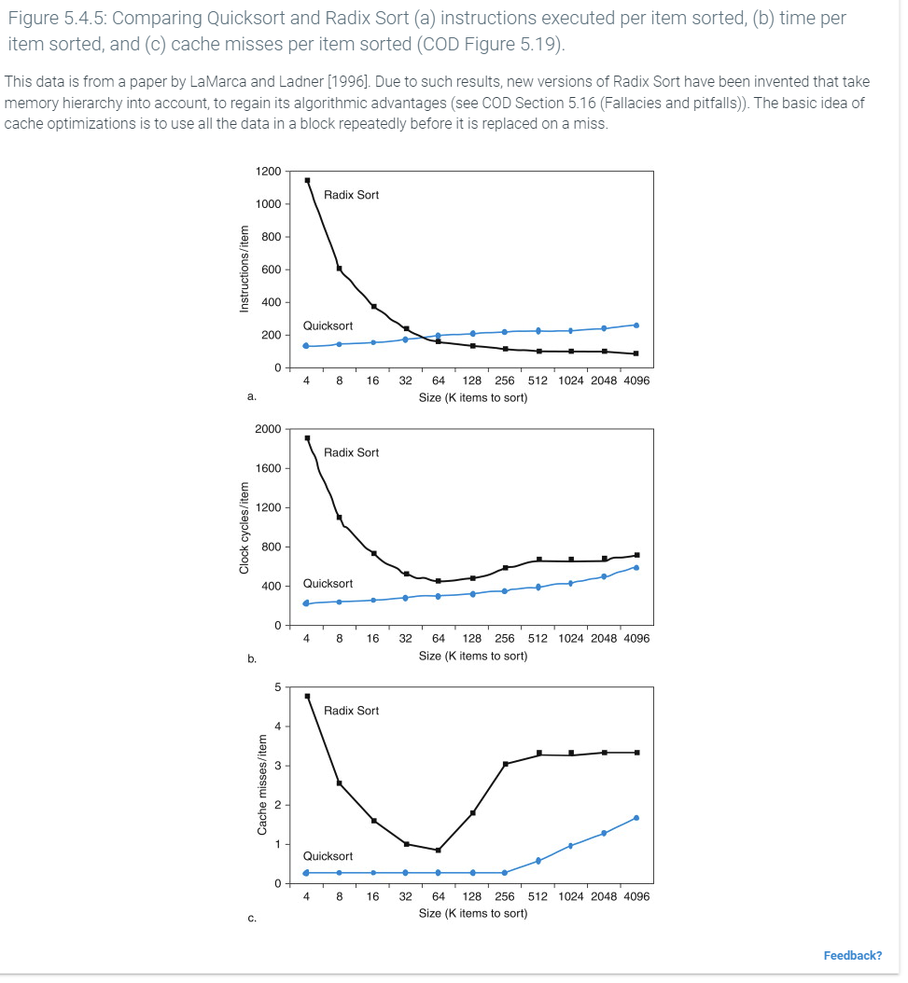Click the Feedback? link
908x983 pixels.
[852, 955]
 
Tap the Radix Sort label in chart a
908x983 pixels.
[351, 195]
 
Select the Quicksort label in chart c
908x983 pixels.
[328, 856]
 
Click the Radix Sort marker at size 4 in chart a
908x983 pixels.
[307, 180]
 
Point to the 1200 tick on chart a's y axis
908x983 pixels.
[268, 172]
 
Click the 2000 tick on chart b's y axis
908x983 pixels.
[268, 429]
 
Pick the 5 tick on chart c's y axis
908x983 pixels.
[277, 687]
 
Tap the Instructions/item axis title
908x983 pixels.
[244, 270]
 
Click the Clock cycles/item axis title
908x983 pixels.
[244, 527]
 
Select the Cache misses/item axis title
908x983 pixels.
[262, 784]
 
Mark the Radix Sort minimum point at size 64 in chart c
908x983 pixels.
[438, 850]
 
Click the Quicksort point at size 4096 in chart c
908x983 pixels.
[636, 818]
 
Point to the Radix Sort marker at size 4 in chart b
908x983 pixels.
[307, 437]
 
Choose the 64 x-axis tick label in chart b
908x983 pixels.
[438, 639]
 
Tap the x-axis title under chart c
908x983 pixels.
[473, 913]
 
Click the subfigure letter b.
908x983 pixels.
[251, 659]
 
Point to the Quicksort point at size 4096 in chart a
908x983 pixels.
[636, 325]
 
